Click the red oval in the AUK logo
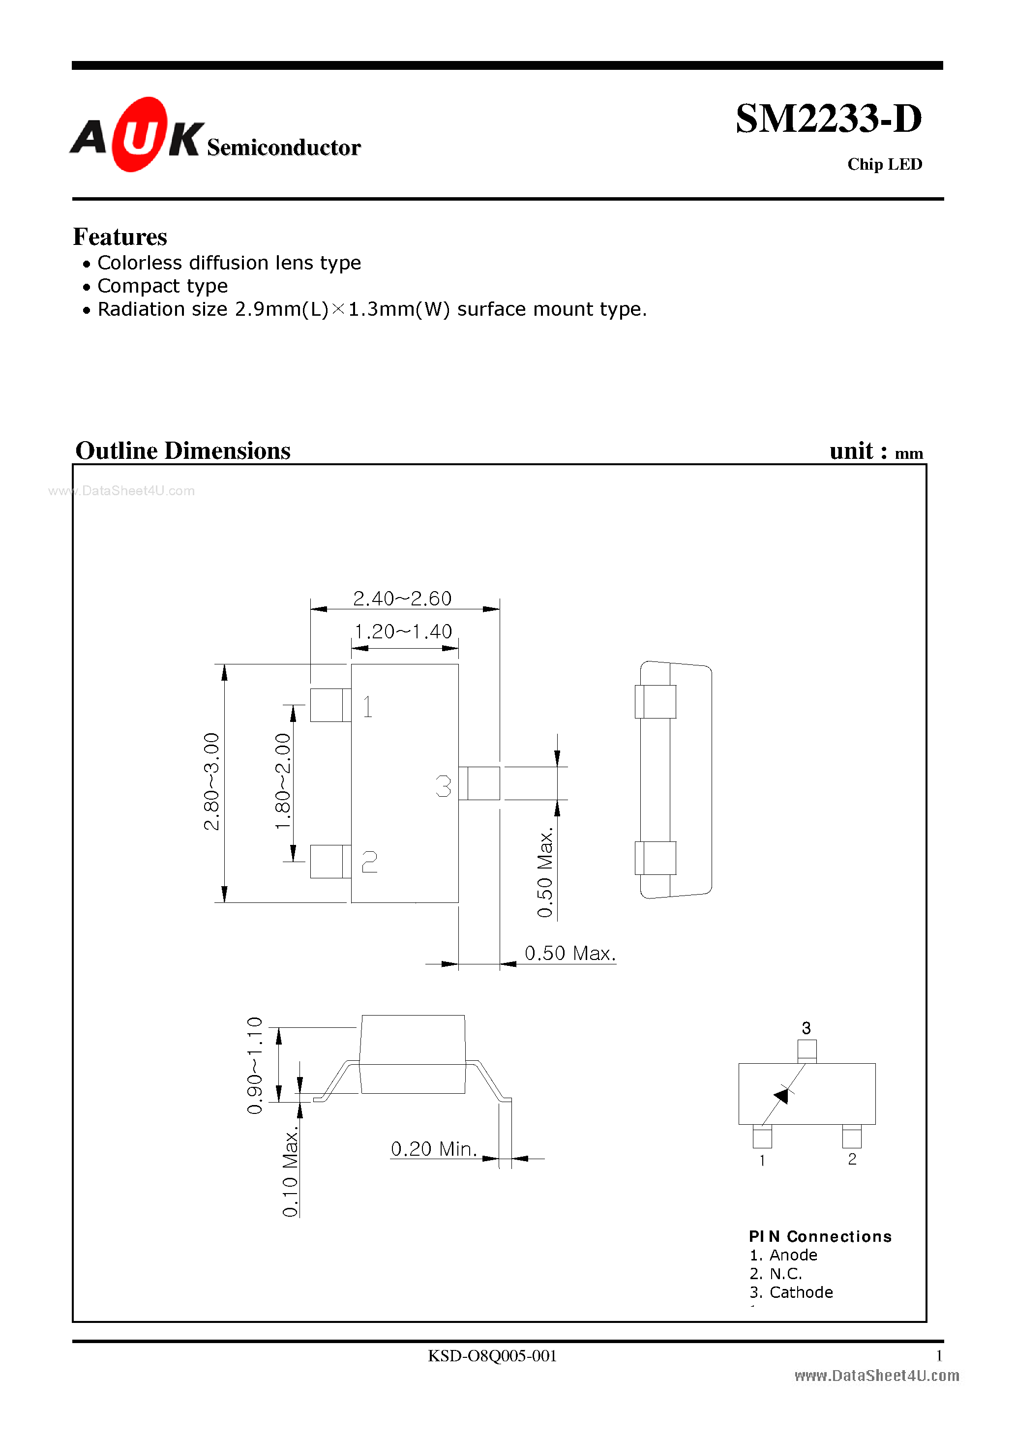pos(140,134)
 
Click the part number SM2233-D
pos(828,119)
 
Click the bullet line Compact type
pos(162,286)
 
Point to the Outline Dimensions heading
pos(182,451)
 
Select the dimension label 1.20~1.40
pos(403,631)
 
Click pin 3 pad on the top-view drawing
pos(482,783)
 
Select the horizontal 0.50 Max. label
pos(569,953)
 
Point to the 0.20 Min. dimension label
pos(433,1149)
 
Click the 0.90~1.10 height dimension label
pos(254,1065)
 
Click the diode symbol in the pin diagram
pos(782,1095)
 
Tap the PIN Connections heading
pos(819,1236)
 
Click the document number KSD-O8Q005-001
pos(492,1355)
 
